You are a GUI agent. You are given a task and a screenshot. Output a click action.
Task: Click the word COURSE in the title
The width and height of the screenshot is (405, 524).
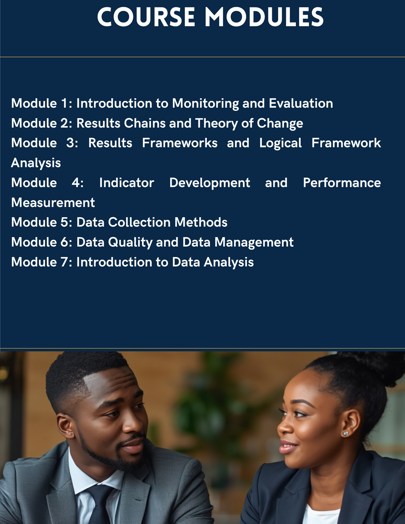(146, 17)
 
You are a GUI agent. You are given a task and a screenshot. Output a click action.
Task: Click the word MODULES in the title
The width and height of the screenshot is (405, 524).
(264, 17)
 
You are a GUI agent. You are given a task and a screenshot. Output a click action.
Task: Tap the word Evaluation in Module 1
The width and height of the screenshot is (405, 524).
(301, 103)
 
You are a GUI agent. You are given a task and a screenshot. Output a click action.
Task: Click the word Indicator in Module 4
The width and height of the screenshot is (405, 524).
(127, 183)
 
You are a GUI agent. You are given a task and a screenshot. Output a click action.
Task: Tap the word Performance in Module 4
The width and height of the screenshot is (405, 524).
(342, 183)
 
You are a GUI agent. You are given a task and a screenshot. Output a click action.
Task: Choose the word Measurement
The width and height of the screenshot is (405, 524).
(53, 203)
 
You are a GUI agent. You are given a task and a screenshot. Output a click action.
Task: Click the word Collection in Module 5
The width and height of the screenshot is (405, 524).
(139, 222)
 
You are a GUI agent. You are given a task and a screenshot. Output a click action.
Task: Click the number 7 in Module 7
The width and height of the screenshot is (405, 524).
(64, 262)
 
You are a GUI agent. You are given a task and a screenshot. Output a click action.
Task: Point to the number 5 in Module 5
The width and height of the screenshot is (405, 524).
(64, 222)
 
